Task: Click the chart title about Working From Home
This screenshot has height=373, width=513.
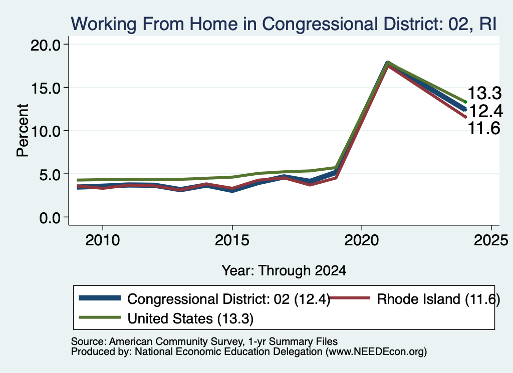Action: click(x=284, y=24)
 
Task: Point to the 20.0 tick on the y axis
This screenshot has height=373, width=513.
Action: click(x=46, y=45)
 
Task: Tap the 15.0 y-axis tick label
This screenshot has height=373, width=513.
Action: click(x=46, y=88)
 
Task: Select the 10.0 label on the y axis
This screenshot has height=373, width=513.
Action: click(x=46, y=131)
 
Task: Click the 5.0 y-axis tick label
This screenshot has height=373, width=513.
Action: click(x=50, y=174)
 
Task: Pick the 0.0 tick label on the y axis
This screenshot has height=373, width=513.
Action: click(x=50, y=217)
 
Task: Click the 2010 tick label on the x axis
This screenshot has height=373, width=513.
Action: click(x=103, y=241)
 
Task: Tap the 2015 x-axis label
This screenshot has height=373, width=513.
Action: click(x=232, y=241)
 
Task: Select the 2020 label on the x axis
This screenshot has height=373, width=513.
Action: click(x=362, y=241)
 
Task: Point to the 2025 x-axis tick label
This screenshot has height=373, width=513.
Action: click(x=491, y=241)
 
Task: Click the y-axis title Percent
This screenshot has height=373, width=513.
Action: click(x=23, y=131)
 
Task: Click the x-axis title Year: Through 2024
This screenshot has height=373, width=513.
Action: click(x=284, y=271)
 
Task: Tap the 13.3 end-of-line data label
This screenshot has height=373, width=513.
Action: click(x=484, y=93)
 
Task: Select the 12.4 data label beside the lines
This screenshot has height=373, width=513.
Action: click(x=485, y=111)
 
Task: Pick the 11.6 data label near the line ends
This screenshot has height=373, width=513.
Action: click(x=484, y=128)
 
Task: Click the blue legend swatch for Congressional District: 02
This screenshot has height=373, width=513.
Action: click(x=100, y=298)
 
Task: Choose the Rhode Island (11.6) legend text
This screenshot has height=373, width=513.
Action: click(x=438, y=299)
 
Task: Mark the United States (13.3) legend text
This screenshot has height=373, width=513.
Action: click(x=190, y=318)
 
